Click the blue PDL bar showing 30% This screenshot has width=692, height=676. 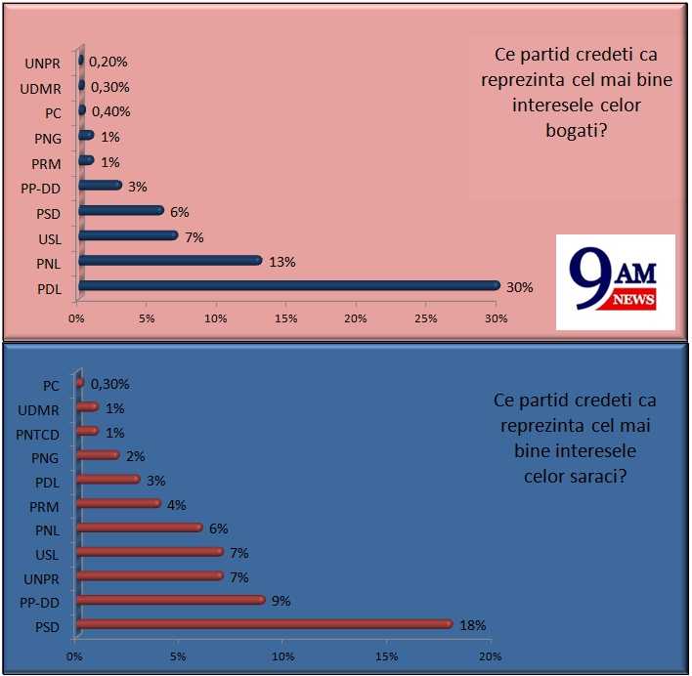click(288, 285)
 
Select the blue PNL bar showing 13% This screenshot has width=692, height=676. click(170, 260)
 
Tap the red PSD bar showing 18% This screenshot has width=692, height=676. click(264, 623)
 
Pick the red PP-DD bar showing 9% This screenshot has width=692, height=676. click(170, 599)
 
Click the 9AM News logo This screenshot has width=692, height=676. click(615, 282)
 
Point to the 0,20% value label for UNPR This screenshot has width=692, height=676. click(108, 62)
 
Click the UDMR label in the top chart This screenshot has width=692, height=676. click(41, 87)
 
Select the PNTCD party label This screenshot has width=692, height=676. click(38, 432)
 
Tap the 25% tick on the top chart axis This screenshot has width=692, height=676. click(426, 319)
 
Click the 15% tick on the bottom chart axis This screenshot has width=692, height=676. click(386, 655)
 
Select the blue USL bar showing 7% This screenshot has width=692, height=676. click(128, 234)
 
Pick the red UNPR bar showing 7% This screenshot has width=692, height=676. click(150, 575)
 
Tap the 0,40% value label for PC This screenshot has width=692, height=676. click(110, 111)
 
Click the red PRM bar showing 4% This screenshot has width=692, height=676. click(117, 503)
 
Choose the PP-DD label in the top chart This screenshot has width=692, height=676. click(42, 187)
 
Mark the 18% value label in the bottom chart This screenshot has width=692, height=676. click(472, 625)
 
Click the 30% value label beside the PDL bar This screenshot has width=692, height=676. click(518, 286)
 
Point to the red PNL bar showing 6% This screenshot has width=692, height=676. click(139, 528)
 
